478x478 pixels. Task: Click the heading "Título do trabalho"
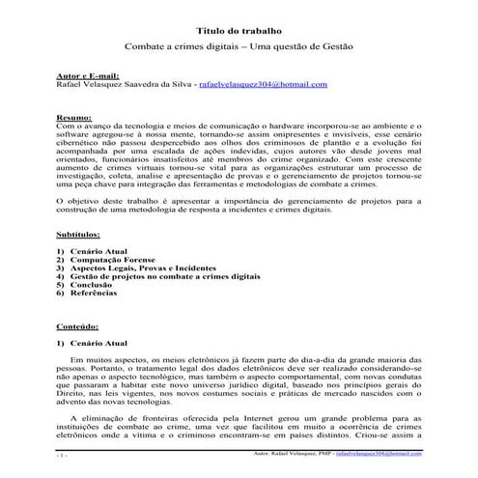[239, 30]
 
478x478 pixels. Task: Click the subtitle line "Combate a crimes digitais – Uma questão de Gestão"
[239, 46]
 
